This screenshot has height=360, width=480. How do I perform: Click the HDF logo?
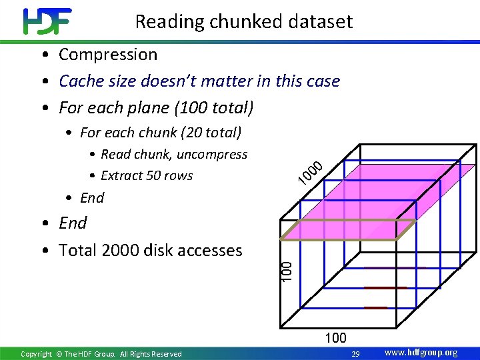click(x=47, y=21)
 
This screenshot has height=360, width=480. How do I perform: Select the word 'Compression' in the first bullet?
click(x=108, y=55)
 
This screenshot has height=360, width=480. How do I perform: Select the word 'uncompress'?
click(x=212, y=155)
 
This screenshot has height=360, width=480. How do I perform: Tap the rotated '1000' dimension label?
click(x=311, y=173)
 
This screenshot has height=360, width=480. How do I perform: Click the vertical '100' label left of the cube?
click(x=286, y=270)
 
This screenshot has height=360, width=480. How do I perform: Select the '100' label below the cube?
click(x=335, y=338)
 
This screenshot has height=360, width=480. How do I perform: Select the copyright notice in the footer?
click(x=101, y=354)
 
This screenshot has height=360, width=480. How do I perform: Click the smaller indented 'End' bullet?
click(x=92, y=198)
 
